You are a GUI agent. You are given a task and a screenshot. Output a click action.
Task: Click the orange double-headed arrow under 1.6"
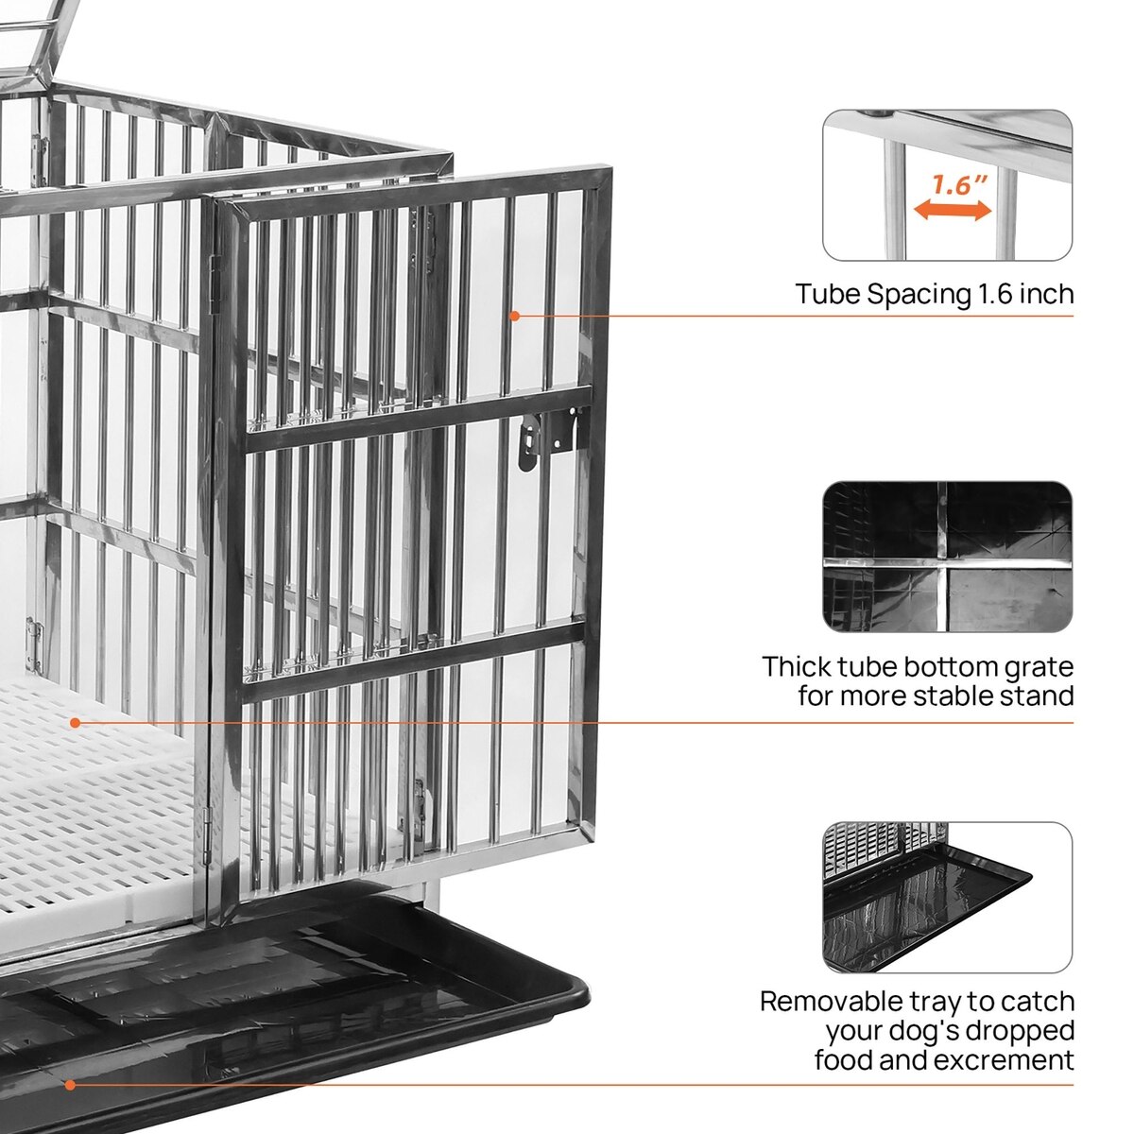click(953, 211)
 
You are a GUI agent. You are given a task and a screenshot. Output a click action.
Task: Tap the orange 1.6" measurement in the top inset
click(958, 184)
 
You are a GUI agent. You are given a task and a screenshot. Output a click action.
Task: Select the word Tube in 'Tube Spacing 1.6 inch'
click(828, 293)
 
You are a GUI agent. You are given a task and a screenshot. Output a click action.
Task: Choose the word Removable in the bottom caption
click(832, 1002)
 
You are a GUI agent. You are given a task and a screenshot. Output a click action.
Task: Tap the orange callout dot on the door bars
click(514, 316)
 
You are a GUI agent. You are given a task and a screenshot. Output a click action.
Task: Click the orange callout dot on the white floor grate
click(75, 723)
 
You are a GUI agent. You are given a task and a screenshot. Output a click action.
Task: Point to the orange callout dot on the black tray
click(70, 1085)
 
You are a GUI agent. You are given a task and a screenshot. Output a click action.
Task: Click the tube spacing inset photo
click(948, 185)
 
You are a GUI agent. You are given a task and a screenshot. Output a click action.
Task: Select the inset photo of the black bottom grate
click(948, 557)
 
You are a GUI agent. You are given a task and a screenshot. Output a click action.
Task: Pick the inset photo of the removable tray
click(948, 898)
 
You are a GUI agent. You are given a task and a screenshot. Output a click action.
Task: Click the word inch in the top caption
click(1047, 293)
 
